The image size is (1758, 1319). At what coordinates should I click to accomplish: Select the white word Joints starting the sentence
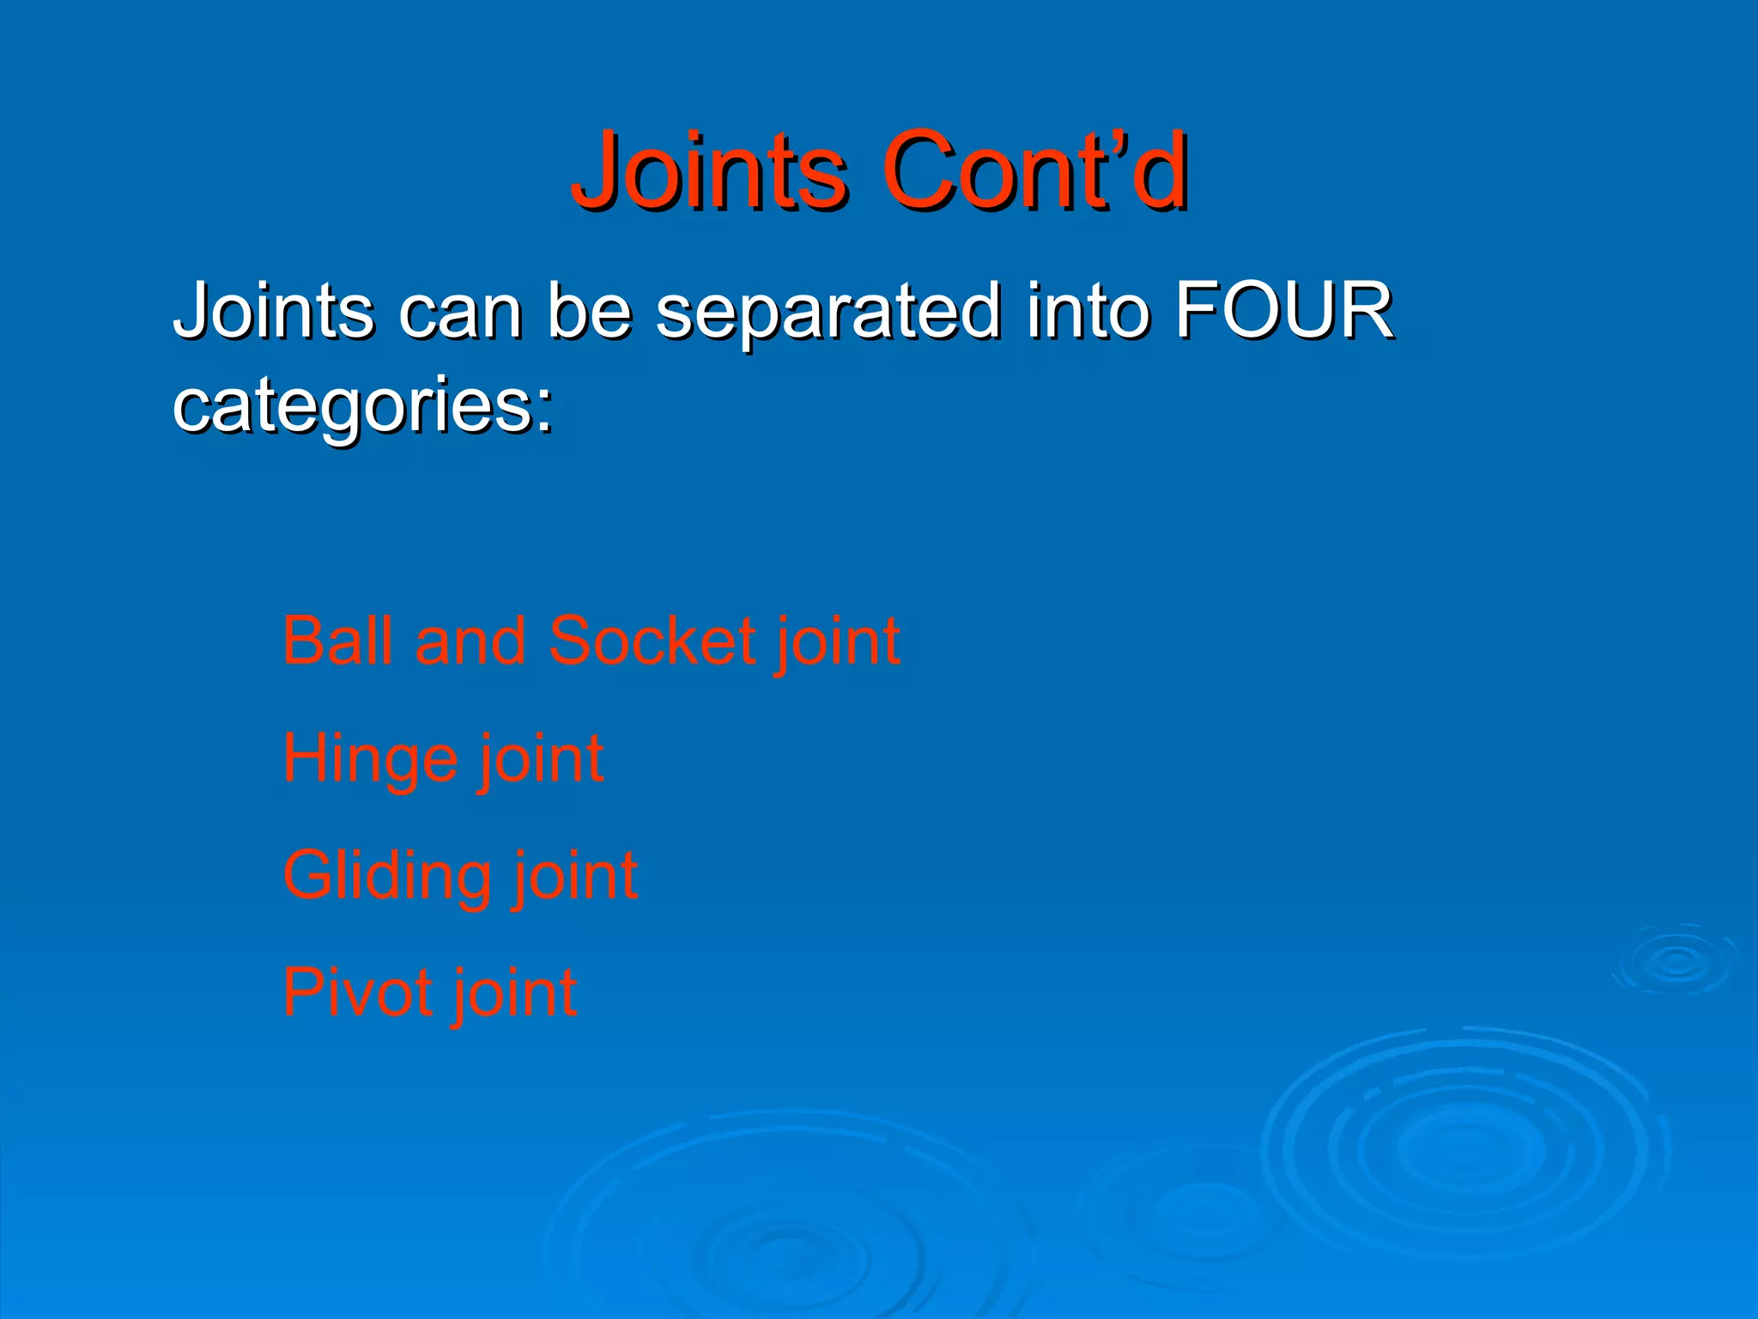[x=273, y=311]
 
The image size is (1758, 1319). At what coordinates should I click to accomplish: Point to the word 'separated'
[x=827, y=311]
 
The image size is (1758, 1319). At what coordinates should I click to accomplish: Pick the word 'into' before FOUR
[x=1088, y=311]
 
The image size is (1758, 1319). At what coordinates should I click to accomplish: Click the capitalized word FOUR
[x=1283, y=311]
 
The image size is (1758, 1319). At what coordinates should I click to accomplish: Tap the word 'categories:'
[x=363, y=405]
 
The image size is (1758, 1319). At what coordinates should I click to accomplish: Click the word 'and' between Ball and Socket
[x=470, y=641]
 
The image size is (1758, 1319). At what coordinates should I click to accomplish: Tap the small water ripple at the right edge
[x=1676, y=961]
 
